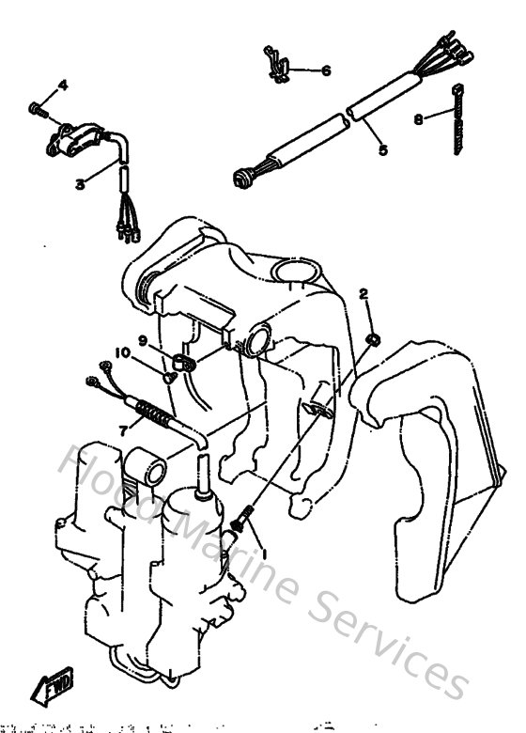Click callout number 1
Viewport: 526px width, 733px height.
tap(264, 554)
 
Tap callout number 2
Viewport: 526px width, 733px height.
tap(364, 294)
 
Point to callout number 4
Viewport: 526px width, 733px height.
tap(64, 86)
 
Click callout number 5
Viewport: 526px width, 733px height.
tap(382, 148)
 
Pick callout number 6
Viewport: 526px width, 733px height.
tap(325, 70)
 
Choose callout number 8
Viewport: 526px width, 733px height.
tap(419, 119)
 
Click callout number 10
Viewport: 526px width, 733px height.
tap(122, 353)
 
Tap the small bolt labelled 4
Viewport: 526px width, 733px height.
tap(38, 109)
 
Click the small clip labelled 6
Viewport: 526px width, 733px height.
tap(275, 65)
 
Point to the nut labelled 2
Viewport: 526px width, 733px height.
tap(372, 337)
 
